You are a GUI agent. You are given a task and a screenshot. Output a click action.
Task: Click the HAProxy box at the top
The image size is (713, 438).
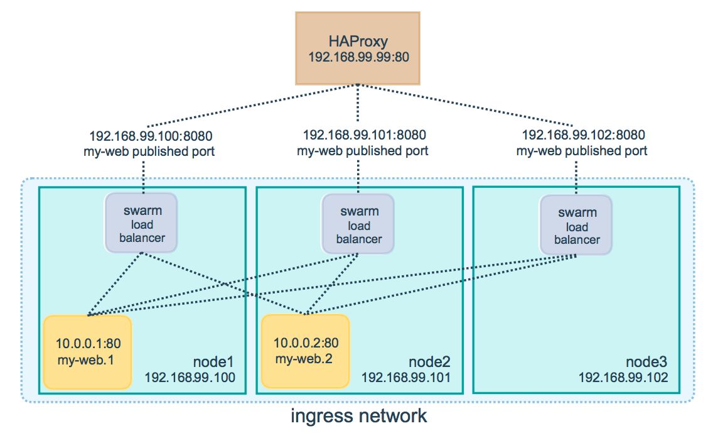click(x=357, y=48)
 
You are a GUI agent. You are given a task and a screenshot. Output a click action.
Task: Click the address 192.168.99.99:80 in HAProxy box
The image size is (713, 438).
click(x=359, y=57)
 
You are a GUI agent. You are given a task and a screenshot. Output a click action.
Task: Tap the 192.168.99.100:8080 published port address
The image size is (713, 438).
click(x=151, y=136)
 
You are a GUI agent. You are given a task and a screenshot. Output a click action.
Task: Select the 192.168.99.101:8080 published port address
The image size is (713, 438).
click(x=364, y=134)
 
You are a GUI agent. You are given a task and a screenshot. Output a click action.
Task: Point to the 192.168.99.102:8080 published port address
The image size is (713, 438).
click(x=584, y=134)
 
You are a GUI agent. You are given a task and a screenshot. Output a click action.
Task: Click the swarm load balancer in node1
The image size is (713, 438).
click(x=141, y=223)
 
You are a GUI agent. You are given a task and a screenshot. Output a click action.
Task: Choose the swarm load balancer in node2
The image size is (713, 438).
click(x=358, y=224)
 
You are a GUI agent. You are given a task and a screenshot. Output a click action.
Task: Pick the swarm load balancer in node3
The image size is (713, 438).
click(x=576, y=225)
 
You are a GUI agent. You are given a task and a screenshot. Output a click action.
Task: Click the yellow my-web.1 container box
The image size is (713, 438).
click(x=88, y=352)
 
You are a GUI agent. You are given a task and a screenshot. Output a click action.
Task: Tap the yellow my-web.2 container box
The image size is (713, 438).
click(x=306, y=351)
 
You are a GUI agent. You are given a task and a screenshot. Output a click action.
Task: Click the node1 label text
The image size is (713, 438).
click(x=213, y=362)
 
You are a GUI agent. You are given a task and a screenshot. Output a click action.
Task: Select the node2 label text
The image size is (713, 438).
click(x=429, y=362)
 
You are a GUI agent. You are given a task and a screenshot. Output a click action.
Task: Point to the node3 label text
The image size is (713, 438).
click(x=646, y=362)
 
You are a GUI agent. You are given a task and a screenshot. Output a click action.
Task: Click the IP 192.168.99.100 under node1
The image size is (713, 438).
click(x=190, y=378)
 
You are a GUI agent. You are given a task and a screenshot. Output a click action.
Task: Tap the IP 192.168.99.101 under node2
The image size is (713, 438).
click(x=406, y=378)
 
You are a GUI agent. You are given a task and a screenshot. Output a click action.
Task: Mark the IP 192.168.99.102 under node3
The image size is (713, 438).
click(x=623, y=378)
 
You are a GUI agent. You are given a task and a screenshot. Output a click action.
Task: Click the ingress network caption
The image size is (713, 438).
click(x=359, y=416)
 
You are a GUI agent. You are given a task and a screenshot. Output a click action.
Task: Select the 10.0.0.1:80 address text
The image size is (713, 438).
click(x=88, y=343)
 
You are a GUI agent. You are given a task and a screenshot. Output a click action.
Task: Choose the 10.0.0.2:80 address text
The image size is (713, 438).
click(x=306, y=342)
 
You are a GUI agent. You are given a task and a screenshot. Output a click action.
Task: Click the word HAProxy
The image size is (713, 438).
click(x=358, y=41)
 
